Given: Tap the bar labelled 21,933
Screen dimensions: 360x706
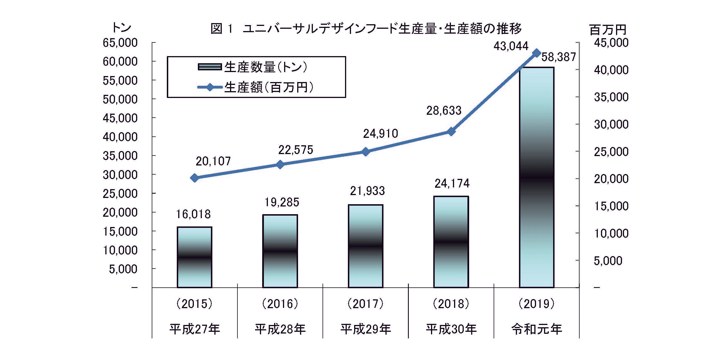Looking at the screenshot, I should tap(366, 246).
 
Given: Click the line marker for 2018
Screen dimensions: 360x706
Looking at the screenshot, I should tap(451, 132).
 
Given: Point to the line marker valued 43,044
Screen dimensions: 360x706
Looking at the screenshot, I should tap(537, 53).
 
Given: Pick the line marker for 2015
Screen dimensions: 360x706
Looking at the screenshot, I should tap(195, 178).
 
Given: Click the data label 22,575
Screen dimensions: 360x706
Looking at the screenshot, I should tap(295, 150).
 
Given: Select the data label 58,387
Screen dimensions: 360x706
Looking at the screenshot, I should tap(559, 57).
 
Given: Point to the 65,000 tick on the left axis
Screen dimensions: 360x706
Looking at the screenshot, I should tap(120, 43).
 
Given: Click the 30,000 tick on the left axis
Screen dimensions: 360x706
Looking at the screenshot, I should tap(120, 175).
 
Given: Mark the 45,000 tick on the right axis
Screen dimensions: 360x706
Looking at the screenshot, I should tap(611, 43).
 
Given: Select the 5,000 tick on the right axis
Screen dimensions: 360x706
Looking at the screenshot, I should tap(608, 261).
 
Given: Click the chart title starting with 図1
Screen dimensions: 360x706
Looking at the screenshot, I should tap(366, 29).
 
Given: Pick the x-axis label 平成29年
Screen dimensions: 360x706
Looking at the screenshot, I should tap(366, 329).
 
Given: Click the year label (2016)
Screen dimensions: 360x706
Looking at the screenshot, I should tap(280, 304).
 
